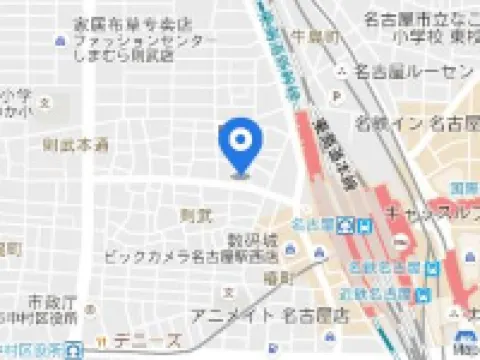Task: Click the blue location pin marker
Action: [239, 146]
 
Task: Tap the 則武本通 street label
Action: [75, 145]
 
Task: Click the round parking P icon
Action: [336, 98]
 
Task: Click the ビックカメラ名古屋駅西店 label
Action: [189, 257]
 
